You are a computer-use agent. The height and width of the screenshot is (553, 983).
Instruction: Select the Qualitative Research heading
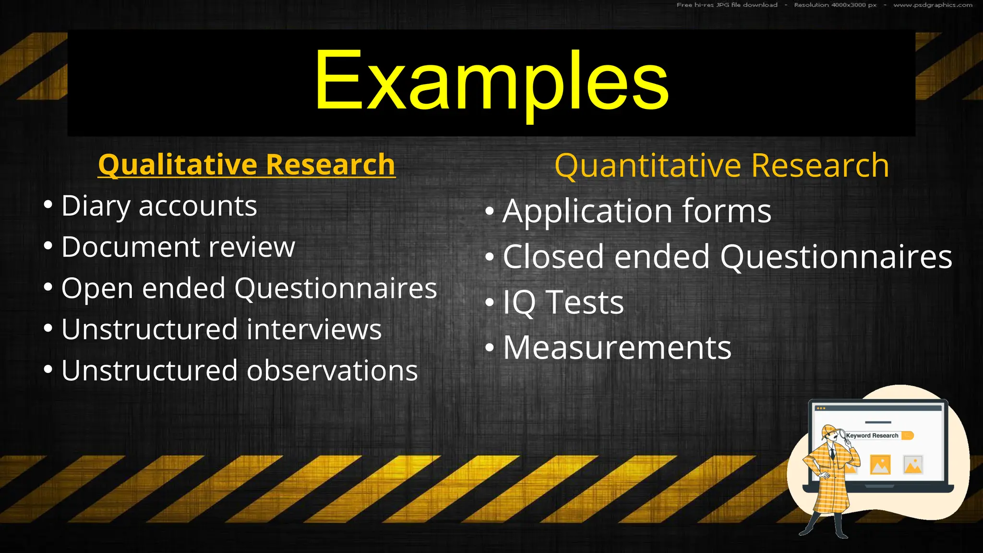[x=247, y=165]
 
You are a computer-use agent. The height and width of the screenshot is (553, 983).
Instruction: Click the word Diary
[x=96, y=206]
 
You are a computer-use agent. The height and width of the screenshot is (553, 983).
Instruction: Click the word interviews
[x=314, y=330]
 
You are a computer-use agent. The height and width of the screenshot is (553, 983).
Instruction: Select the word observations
[x=332, y=371]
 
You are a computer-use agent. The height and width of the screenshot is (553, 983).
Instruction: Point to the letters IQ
[x=519, y=303]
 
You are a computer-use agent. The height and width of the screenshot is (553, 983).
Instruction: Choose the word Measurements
[x=617, y=348]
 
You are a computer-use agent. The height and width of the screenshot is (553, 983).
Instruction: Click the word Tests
[x=585, y=303]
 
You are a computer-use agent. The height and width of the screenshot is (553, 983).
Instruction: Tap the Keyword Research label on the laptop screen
[x=872, y=436]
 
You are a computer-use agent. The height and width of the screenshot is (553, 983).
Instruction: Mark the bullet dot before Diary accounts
[x=48, y=205]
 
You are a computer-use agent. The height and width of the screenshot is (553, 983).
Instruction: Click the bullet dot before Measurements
[x=489, y=347]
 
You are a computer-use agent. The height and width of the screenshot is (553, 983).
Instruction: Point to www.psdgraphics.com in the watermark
[x=933, y=5]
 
